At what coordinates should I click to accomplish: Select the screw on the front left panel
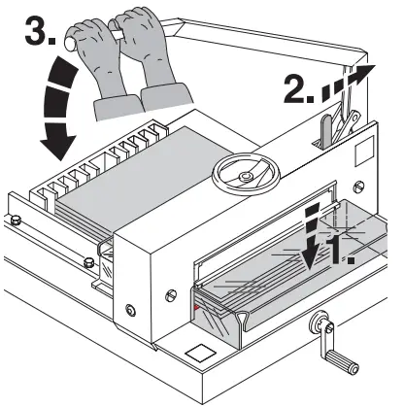[x=128, y=311]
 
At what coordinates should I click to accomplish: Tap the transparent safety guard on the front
[x=282, y=272]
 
